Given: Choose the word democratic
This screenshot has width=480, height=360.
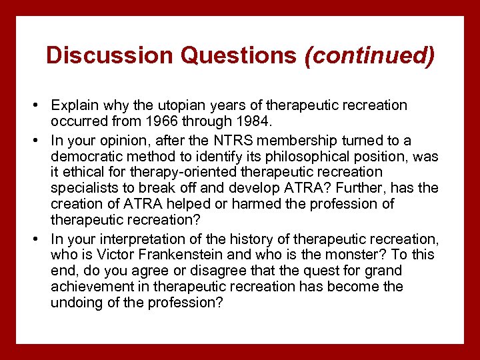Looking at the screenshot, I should (x=87, y=157).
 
